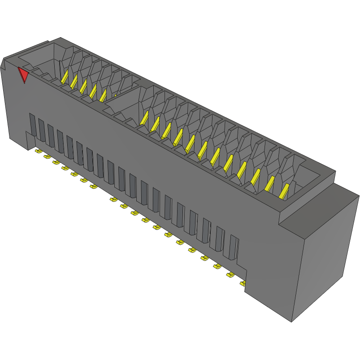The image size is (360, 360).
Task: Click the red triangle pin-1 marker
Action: click(x=23, y=74)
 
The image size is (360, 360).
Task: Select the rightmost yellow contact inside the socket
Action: click(x=284, y=191)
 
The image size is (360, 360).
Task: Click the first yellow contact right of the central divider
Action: click(x=144, y=117)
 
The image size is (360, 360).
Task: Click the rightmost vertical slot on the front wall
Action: click(x=233, y=247)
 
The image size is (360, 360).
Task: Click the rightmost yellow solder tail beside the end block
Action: click(x=243, y=283)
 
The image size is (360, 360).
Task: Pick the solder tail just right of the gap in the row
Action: click(x=113, y=199)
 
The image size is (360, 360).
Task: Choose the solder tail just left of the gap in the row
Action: click(x=93, y=186)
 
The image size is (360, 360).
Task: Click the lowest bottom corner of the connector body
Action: click(x=291, y=321)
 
